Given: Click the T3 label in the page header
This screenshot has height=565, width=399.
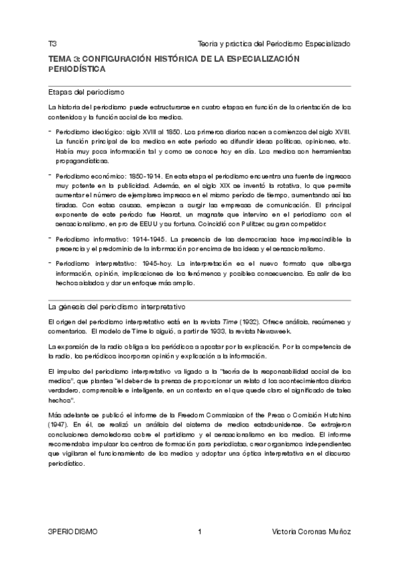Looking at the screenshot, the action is click(x=52, y=43).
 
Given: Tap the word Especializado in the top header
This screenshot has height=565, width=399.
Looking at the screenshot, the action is click(x=324, y=43).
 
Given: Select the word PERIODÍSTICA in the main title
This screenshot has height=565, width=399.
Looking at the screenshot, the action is click(x=77, y=69).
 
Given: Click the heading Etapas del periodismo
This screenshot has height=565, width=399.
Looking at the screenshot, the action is click(x=87, y=91).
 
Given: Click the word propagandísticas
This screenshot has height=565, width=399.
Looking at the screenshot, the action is click(x=81, y=161).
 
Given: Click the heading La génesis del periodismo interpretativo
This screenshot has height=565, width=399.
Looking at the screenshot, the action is click(x=117, y=307).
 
